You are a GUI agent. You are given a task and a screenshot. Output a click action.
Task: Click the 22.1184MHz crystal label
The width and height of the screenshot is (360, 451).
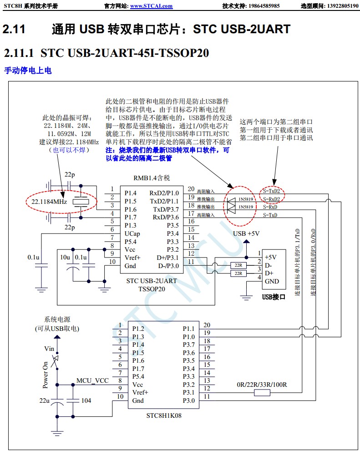pyautogui.click(x=49, y=201)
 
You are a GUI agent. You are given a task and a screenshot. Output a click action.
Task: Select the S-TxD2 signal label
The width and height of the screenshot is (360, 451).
pyautogui.click(x=271, y=191)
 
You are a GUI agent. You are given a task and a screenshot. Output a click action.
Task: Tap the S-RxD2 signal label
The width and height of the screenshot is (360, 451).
pyautogui.click(x=271, y=199)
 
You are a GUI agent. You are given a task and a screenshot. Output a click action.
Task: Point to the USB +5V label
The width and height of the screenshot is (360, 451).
pyautogui.click(x=246, y=233)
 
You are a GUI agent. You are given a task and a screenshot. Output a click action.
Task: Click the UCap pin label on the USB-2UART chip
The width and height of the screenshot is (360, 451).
pyautogui.click(x=132, y=233)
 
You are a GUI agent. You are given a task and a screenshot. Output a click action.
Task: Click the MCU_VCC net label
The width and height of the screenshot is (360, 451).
pyautogui.click(x=92, y=380)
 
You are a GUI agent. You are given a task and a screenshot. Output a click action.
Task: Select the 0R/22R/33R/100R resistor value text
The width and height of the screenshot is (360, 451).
pyautogui.click(x=262, y=385)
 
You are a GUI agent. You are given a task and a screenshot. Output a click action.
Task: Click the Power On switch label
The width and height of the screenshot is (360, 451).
pyautogui.click(x=46, y=375)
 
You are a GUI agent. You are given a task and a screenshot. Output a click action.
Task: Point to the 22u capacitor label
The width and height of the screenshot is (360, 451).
pyautogui.click(x=44, y=400)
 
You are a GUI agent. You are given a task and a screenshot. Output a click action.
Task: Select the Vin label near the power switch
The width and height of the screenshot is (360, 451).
pyautogui.click(x=49, y=349)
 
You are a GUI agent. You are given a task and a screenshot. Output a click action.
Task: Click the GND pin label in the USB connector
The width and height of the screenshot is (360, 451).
pyautogui.click(x=272, y=281)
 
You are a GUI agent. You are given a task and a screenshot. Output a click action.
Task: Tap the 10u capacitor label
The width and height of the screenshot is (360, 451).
pyautogui.click(x=65, y=258)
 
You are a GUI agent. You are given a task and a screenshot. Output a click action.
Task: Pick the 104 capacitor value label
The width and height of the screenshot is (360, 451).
pyautogui.click(x=86, y=400)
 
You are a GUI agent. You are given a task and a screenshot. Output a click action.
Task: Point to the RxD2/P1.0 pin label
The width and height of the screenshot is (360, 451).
pyautogui.click(x=164, y=193)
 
